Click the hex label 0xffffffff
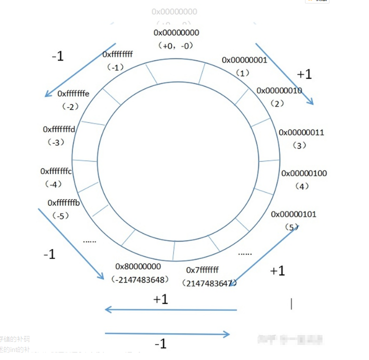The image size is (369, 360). point(117,54)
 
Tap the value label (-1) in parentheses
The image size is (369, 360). point(115,67)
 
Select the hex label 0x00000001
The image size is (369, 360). point(244,60)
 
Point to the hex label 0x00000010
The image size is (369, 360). point(279,91)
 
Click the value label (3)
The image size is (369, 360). point(299,145)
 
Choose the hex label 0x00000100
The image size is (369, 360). point(304,173)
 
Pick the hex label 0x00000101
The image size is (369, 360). point(293,214)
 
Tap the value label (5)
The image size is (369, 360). point(292,227)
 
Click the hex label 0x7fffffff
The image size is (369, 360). point(202,270)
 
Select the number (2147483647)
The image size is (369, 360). point(209,283)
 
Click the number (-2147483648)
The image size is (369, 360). point(140,279)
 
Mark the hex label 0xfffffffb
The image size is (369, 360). point(64,203)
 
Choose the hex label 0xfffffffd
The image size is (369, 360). point(59,129)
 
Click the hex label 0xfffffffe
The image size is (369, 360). point(73,93)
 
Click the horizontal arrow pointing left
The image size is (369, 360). point(170,310)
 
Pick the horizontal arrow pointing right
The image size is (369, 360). point(167,333)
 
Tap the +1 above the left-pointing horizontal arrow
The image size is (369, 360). point(160,299)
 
